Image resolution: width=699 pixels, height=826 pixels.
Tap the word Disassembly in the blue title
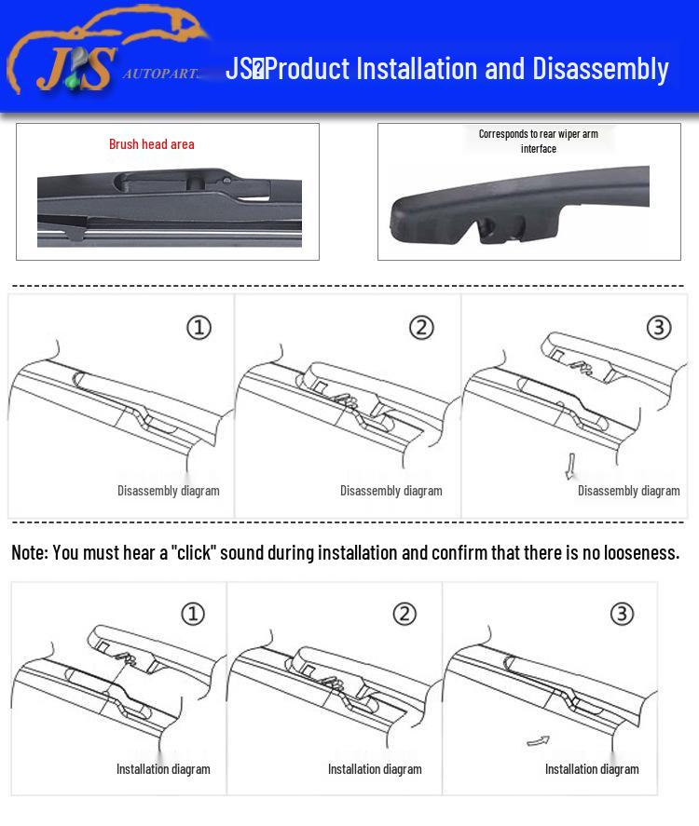click(600, 69)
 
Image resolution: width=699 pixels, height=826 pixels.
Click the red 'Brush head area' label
click(152, 144)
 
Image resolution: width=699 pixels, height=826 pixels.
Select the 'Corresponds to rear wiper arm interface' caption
click(539, 141)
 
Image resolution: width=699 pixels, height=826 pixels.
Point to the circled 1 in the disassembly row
click(199, 328)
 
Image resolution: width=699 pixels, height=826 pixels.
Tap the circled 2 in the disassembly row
click(422, 328)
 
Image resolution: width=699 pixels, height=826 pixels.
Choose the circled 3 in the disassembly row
click(659, 328)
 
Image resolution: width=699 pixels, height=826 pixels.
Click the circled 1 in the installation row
click(192, 614)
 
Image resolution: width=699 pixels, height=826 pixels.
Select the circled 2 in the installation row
click(404, 614)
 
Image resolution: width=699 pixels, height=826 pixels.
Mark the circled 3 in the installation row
click(622, 614)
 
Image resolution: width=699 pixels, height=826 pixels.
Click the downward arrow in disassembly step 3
click(570, 466)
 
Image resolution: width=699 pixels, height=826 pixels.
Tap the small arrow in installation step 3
click(538, 741)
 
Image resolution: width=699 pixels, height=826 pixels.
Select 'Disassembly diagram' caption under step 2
click(391, 491)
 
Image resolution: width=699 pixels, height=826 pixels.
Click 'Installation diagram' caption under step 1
click(163, 769)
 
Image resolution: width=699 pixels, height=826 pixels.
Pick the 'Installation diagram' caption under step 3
click(592, 769)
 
